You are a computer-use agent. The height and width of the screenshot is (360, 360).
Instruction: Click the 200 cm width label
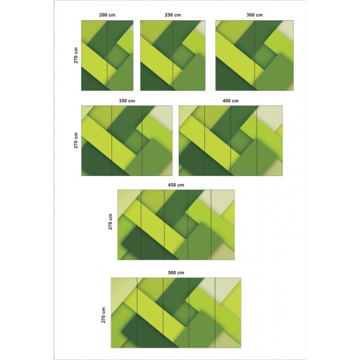pyautogui.click(x=107, y=15)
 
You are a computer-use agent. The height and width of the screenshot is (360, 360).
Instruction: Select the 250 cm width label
pyautogui.click(x=173, y=15)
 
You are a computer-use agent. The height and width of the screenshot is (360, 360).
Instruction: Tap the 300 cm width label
pyautogui.click(x=255, y=15)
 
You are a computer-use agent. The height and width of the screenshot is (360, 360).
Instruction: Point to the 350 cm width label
pyautogui.click(x=127, y=101)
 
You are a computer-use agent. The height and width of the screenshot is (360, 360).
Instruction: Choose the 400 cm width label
pyautogui.click(x=230, y=101)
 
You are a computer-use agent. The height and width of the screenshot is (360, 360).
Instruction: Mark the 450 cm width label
pyautogui.click(x=176, y=185)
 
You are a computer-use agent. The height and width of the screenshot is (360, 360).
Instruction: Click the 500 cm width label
pyautogui.click(x=176, y=272)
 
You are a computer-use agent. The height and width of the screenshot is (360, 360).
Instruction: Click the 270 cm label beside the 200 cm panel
pyautogui.click(x=76, y=56)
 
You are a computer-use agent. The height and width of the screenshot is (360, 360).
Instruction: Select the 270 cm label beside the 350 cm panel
pyautogui.click(x=76, y=141)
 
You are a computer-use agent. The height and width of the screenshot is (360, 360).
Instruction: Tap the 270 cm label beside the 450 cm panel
pyautogui.click(x=111, y=222)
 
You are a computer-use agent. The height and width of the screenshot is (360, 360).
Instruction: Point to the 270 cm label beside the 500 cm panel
pyautogui.click(x=103, y=315)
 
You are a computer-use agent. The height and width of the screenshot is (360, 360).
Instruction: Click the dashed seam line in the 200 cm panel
pyautogui.click(x=107, y=56)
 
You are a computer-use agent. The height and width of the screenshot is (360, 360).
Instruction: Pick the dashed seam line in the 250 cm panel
pyautogui.click(x=173, y=56)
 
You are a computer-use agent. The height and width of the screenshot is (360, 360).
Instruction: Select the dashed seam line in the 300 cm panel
pyautogui.click(x=255, y=56)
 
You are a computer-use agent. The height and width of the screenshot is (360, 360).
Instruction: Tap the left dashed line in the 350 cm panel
pyautogui.click(x=111, y=141)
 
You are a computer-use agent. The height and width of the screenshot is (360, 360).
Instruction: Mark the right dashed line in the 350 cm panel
pyautogui.click(x=142, y=141)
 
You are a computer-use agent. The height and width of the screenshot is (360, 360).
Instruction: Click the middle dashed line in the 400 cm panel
pyautogui.click(x=231, y=141)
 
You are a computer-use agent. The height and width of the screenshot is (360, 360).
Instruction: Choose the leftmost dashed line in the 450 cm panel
pyautogui.click(x=141, y=225)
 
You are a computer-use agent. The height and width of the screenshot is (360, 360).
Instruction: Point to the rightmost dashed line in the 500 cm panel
pyautogui.click(x=215, y=312)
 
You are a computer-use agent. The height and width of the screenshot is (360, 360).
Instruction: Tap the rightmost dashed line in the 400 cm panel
pyautogui.click(x=257, y=141)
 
